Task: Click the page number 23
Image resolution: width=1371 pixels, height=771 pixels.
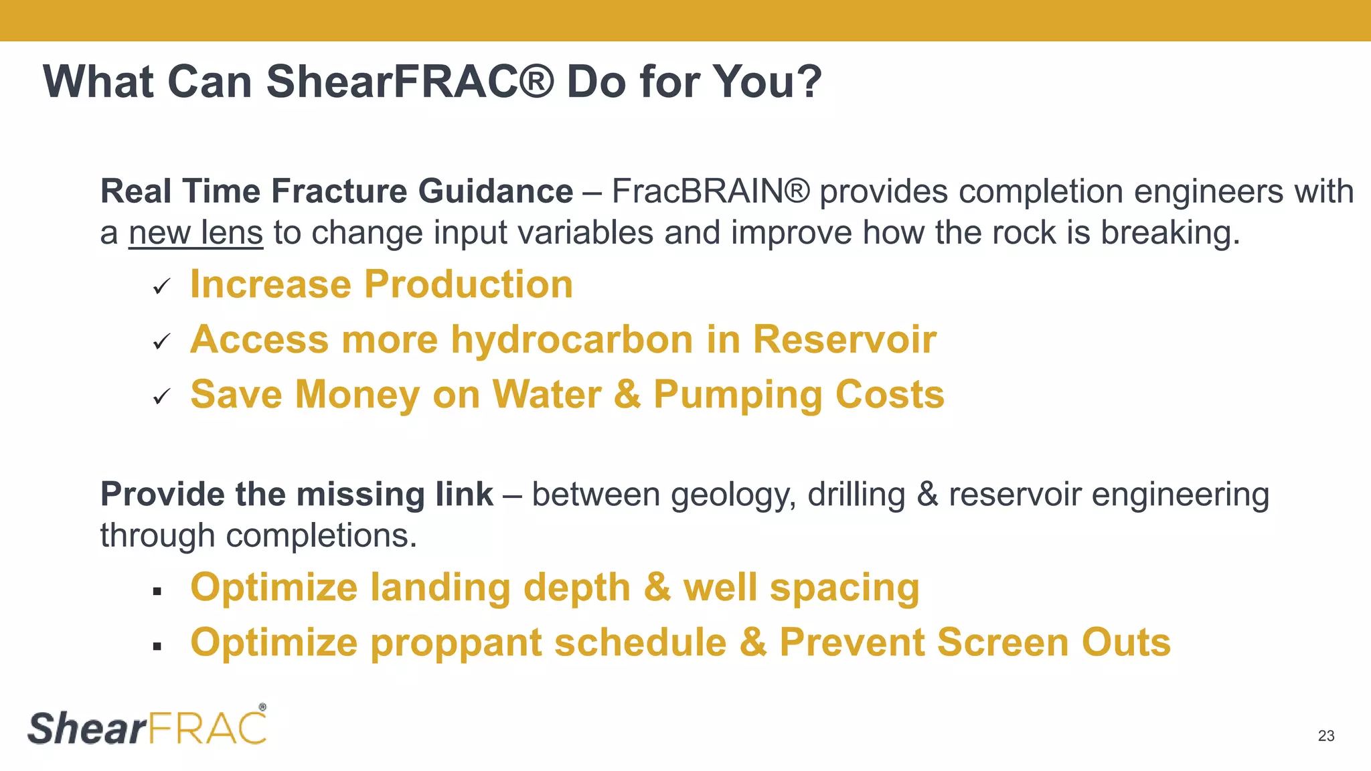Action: [1325, 736]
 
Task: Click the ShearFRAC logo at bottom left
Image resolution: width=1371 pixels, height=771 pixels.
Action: [147, 727]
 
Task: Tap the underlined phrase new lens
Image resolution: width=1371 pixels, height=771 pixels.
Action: [195, 233]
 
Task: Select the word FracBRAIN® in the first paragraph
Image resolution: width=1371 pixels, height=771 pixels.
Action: [710, 191]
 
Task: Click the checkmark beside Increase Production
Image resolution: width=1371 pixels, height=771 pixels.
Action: [161, 287]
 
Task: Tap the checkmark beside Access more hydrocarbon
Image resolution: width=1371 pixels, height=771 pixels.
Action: [161, 342]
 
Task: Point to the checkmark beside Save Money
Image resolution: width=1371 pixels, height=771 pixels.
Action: [161, 397]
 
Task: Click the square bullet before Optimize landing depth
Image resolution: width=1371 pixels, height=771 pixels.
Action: [157, 591]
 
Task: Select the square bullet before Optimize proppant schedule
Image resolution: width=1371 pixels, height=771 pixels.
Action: [157, 646]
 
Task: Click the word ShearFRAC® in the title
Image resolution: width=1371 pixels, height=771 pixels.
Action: [410, 82]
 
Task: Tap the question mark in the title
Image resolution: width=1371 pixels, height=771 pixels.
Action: [809, 82]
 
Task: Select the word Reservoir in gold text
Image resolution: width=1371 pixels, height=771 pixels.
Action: [844, 339]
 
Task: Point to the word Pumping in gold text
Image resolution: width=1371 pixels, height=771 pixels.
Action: [737, 395]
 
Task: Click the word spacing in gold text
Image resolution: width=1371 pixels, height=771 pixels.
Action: [844, 589]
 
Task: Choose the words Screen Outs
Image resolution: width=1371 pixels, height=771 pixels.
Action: [1054, 642]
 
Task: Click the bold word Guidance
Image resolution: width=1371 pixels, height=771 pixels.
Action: [495, 191]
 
